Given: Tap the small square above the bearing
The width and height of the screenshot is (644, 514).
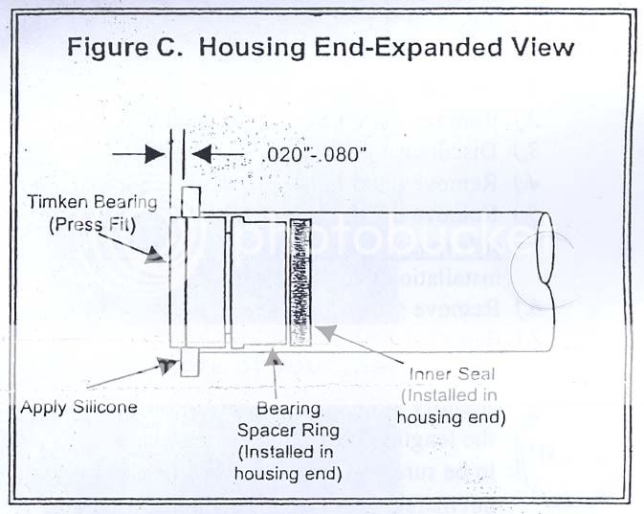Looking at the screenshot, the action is point(189,202).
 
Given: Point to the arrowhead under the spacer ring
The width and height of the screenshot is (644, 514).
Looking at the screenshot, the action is point(276,357).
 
